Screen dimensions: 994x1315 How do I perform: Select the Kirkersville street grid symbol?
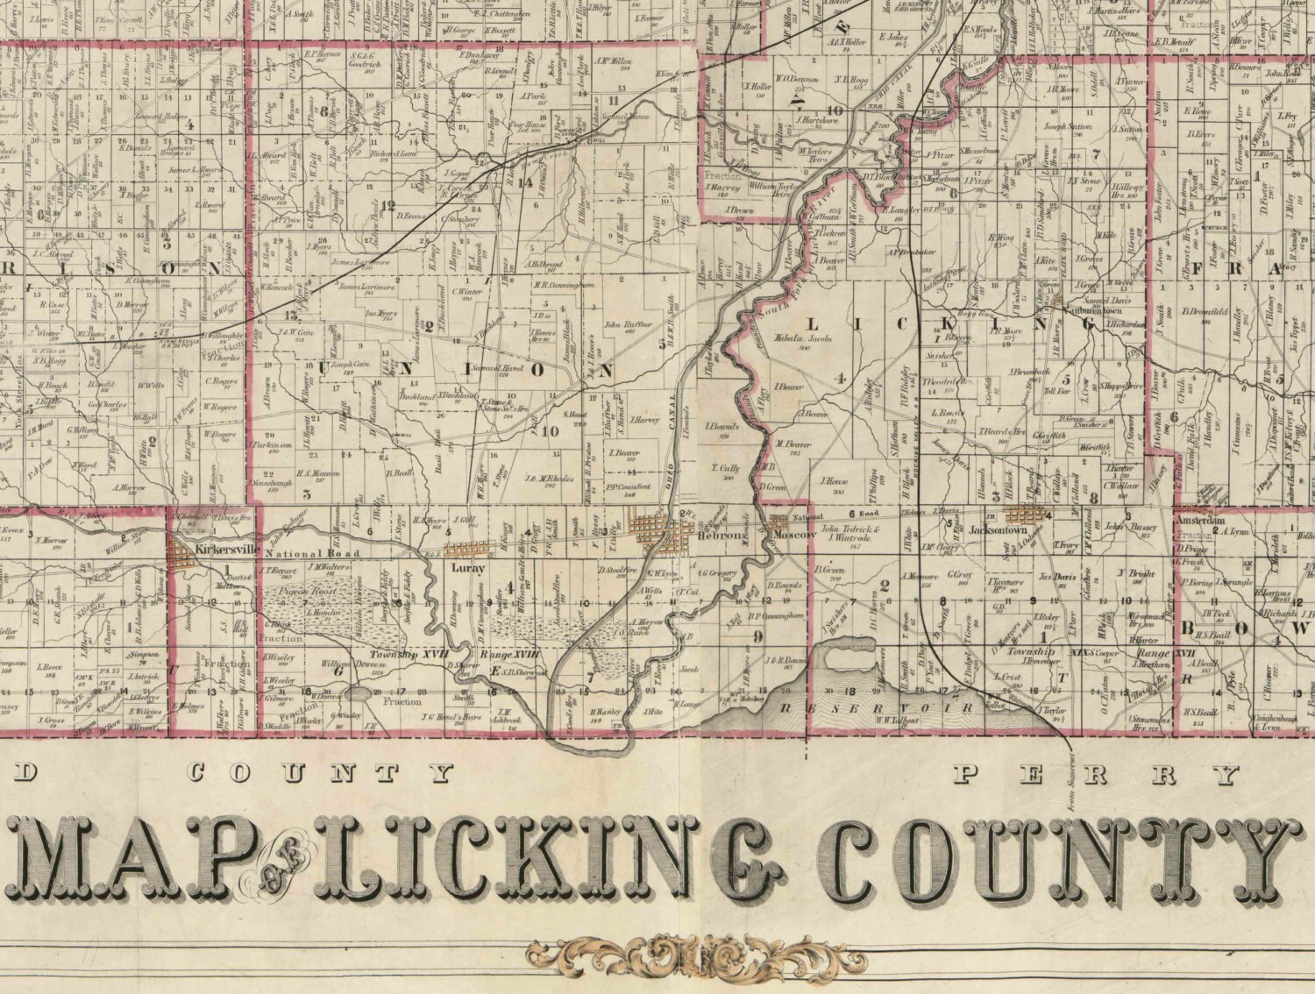[x=186, y=553]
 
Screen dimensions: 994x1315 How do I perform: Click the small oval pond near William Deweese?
[x=359, y=693]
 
